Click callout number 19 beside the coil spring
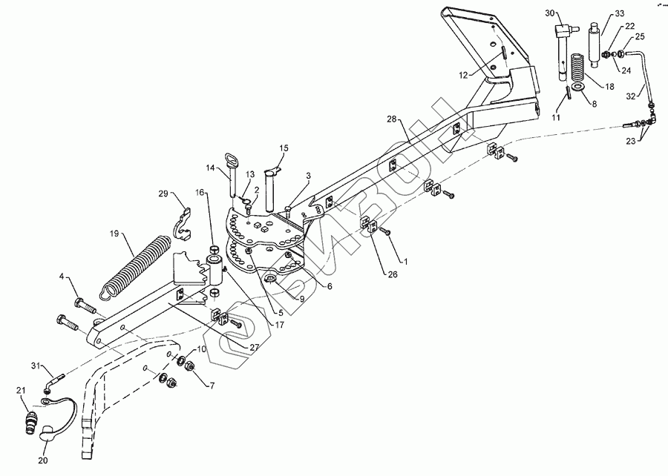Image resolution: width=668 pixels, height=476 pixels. pyautogui.click(x=114, y=233)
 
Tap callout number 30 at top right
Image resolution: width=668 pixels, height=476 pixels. pyautogui.click(x=550, y=13)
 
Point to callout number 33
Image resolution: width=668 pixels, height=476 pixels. pyautogui.click(x=620, y=13)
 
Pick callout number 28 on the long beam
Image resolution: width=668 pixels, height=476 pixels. pyautogui.click(x=392, y=119)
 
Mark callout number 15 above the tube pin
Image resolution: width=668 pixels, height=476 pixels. pyautogui.click(x=284, y=148)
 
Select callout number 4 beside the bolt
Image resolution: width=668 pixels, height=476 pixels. pyautogui.click(x=63, y=277)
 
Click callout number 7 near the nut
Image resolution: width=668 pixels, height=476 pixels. pyautogui.click(x=212, y=386)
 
